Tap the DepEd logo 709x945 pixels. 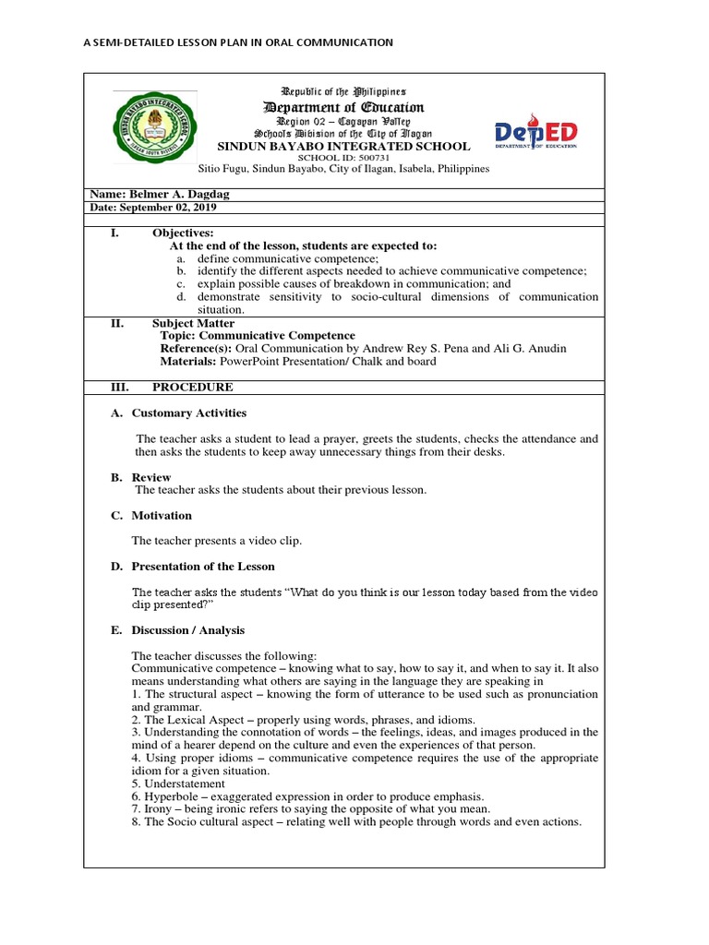(535, 134)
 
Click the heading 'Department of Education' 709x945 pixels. (342, 108)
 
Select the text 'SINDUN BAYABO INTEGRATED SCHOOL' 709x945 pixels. (342, 146)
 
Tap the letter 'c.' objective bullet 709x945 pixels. (182, 284)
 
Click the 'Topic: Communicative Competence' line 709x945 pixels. (258, 336)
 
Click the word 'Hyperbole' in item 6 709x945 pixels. (170, 796)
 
